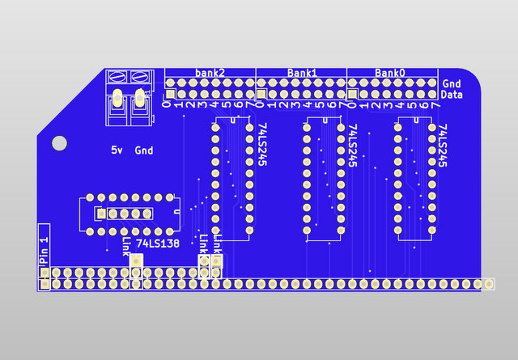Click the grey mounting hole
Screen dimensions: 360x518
[x=59, y=143]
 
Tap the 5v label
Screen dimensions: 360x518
[x=117, y=150]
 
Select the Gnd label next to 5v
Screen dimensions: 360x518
[x=144, y=150]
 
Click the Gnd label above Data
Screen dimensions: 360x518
[x=452, y=83]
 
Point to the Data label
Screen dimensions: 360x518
[x=452, y=95]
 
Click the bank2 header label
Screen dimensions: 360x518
[x=209, y=73]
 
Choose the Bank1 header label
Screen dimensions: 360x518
[x=302, y=73]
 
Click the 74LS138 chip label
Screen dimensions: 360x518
[x=158, y=244]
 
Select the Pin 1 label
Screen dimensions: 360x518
[x=44, y=247]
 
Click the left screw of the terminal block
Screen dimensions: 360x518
[x=117, y=78]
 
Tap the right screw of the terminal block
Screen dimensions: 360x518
[x=138, y=78]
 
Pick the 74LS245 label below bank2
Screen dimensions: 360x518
[x=261, y=145]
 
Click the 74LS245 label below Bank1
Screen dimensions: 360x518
[x=352, y=145]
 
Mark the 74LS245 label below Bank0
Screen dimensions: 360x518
[x=443, y=145]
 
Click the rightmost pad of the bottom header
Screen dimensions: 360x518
[x=490, y=284]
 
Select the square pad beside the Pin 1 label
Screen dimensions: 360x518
[x=44, y=284]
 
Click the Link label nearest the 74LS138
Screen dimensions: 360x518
[x=125, y=247]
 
